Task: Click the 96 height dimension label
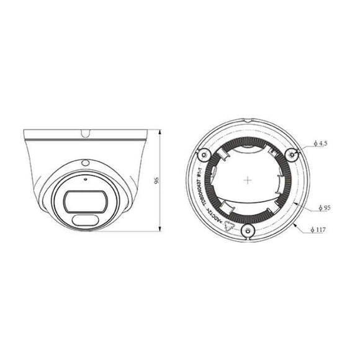click(x=157, y=181)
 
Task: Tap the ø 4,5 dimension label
click(x=320, y=143)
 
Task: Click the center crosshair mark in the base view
click(x=248, y=181)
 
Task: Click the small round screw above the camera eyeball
click(x=85, y=162)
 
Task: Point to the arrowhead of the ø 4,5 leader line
click(x=298, y=151)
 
